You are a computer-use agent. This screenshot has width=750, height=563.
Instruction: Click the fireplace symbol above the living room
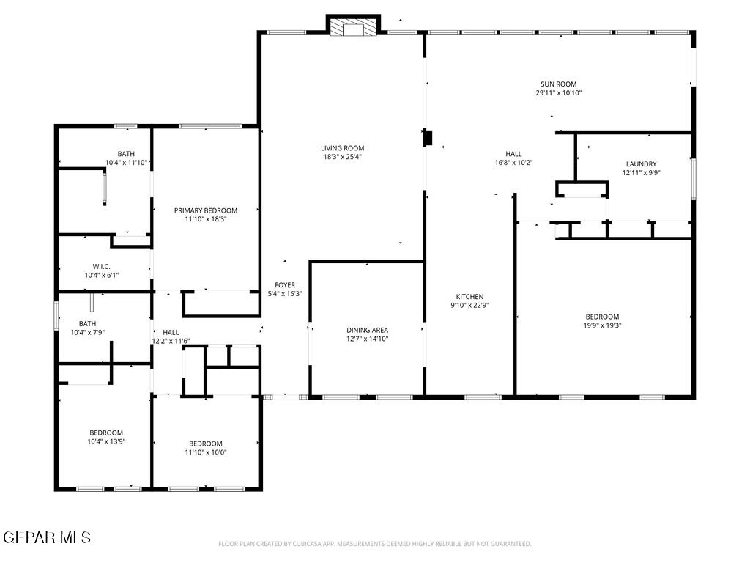point(353,26)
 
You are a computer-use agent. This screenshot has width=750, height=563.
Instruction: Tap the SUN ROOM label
point(559,84)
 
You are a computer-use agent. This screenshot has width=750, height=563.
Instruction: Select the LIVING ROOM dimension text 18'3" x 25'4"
point(343,157)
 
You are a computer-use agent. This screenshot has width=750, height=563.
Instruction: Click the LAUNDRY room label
point(641,163)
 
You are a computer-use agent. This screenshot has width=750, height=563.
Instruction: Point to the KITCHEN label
point(469,296)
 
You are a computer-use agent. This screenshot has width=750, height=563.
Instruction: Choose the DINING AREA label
point(368,330)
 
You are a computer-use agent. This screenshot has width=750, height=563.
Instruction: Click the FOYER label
point(285,285)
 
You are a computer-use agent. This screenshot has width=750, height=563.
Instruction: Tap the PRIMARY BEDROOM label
point(206,210)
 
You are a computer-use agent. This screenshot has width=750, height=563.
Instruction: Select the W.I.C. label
point(101,266)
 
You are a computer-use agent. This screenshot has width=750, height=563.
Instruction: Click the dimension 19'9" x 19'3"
point(602,325)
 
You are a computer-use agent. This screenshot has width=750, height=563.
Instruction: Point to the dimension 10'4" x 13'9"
point(106,441)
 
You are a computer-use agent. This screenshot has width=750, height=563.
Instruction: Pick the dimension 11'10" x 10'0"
point(206,452)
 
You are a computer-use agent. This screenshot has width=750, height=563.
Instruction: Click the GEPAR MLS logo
point(46,537)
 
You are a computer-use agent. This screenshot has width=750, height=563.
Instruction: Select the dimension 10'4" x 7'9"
point(88,332)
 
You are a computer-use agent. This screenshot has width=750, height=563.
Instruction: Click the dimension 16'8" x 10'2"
point(513,163)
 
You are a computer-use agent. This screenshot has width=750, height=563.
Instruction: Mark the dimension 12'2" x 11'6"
point(171,342)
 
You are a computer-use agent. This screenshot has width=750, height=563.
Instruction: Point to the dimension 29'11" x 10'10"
point(559,93)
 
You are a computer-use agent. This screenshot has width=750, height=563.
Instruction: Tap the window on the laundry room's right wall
point(693,179)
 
